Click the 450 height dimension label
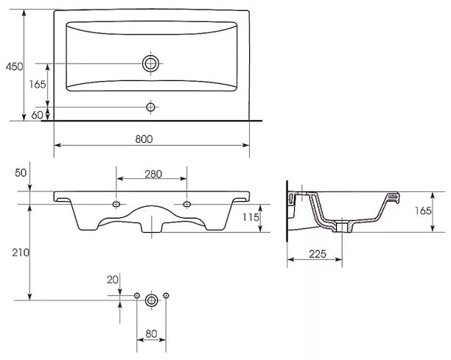[14, 67]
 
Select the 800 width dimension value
[144, 139]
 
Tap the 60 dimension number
[37, 115]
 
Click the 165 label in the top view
[38, 84]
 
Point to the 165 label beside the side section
[423, 211]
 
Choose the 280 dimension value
[153, 174]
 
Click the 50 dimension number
[21, 173]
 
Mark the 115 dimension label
[251, 217]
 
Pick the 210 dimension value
[21, 253]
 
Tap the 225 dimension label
[318, 254]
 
